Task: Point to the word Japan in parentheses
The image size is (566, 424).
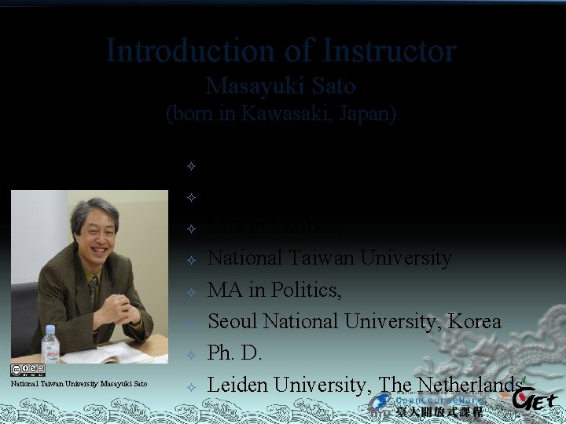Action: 366,113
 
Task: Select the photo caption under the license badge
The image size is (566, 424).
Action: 79,383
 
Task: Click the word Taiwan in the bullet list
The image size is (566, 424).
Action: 304,258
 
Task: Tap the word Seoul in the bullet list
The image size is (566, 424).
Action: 234,321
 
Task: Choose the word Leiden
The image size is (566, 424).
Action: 239,384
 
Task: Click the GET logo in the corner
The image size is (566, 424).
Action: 537,401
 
